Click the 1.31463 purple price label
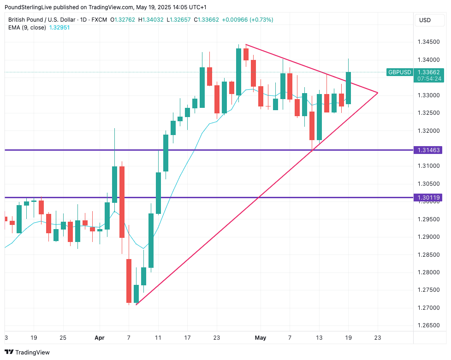coord(429,150)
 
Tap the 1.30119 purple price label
coord(429,198)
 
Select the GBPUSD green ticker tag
coord(399,72)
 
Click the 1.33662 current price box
coord(428,72)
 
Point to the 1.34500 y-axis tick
coord(428,42)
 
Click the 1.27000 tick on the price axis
coord(428,307)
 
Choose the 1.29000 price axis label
coord(428,237)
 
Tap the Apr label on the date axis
coord(99,338)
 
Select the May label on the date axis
coord(261,338)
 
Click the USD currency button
coord(425,20)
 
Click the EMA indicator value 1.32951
coord(60,27)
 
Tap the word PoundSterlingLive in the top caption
coord(30,7)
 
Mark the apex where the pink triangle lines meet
coord(378,93)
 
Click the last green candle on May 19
coord(348,88)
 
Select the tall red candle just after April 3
coord(122,202)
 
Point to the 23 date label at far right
coord(378,338)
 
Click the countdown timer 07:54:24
coord(429,79)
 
